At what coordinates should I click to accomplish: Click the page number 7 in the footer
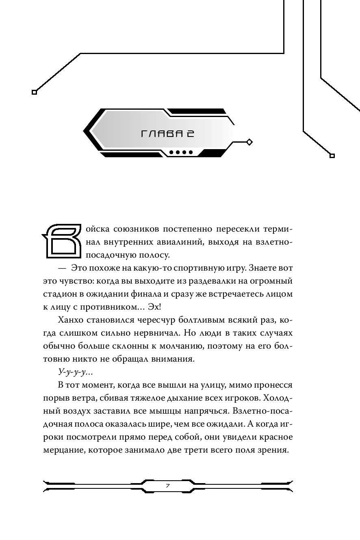click(167, 486)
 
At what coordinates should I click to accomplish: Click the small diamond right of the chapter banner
click(249, 142)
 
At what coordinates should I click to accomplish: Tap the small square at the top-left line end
click(34, 92)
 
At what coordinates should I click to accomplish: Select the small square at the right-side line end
click(332, 155)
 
